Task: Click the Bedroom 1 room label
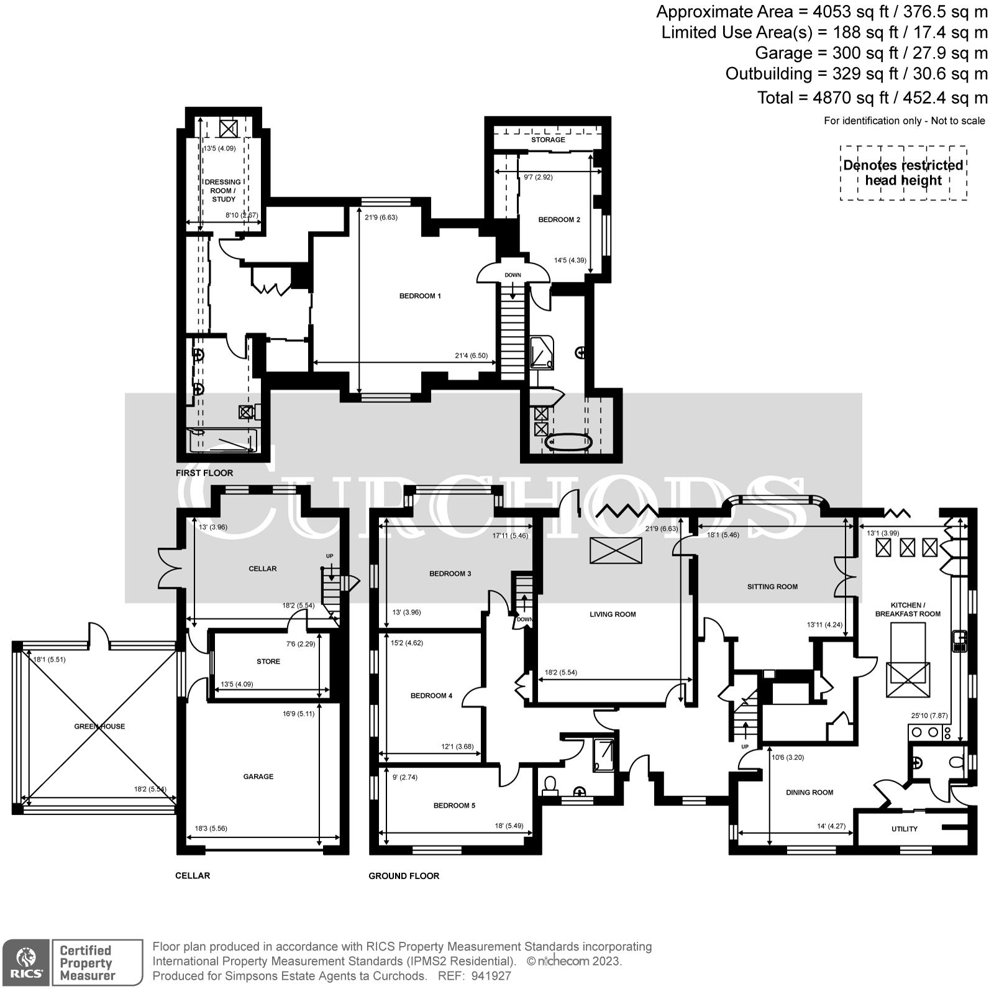pyautogui.click(x=420, y=296)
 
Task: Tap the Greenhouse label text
pyautogui.click(x=99, y=726)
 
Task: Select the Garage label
pyautogui.click(x=258, y=777)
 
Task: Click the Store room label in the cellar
pyautogui.click(x=268, y=662)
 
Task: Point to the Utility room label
pyautogui.click(x=904, y=829)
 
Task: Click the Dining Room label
pyautogui.click(x=809, y=792)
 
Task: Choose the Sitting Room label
pyautogui.click(x=772, y=586)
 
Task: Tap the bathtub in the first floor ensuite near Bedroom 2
pyautogui.click(x=568, y=442)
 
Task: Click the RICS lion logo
pyautogui.click(x=25, y=961)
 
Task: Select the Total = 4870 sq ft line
pyautogui.click(x=872, y=98)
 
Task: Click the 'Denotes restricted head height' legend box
pyautogui.click(x=903, y=173)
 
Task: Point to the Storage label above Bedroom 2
pyautogui.click(x=548, y=140)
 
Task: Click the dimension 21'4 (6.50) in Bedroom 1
pyautogui.click(x=471, y=356)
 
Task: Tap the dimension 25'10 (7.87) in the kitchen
pyautogui.click(x=930, y=716)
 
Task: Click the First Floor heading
pyautogui.click(x=204, y=473)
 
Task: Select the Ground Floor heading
pyautogui.click(x=404, y=876)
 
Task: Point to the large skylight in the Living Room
pyautogui.click(x=616, y=550)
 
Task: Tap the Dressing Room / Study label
pyautogui.click(x=223, y=191)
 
